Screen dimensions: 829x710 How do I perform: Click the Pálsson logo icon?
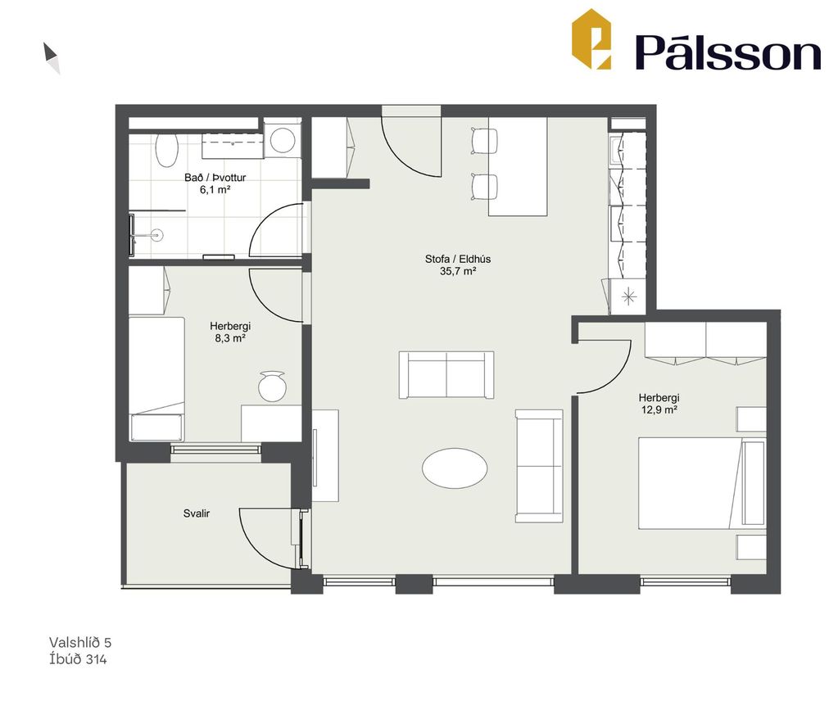pos(591,38)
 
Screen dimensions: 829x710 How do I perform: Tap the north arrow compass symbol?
pos(52,57)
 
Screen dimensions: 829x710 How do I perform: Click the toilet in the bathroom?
pos(166,150)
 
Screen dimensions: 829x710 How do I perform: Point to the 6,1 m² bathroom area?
pos(215,190)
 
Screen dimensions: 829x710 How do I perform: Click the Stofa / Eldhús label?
pos(458,259)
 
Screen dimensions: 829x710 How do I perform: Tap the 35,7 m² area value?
pos(459,272)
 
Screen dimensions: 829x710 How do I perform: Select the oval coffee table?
pos(455,468)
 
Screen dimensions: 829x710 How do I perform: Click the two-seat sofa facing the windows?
pos(446,374)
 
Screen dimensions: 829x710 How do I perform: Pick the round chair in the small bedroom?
pos(272,386)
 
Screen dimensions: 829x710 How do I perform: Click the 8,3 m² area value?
pos(230,338)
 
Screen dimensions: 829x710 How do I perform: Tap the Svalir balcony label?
pos(197,513)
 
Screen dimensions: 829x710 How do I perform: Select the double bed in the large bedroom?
pos(702,482)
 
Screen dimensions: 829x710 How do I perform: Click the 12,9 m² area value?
pos(659,409)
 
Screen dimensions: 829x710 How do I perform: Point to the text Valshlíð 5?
pos(80,642)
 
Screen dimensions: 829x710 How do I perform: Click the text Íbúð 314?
pos(78,659)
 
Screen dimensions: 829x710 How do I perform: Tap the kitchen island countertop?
pos(518,166)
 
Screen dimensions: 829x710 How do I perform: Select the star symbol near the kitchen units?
pos(628,296)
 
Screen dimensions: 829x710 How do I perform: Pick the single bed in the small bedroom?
pos(157,378)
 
